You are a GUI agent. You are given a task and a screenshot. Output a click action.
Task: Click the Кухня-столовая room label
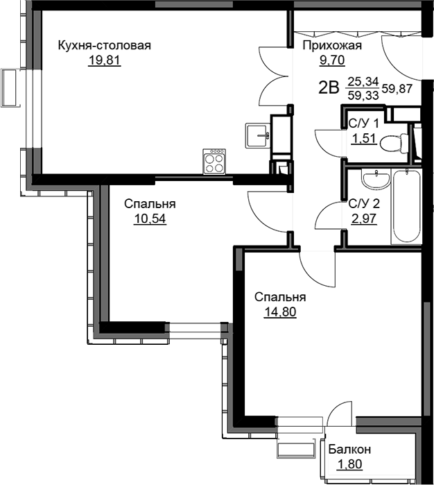(x=105, y=46)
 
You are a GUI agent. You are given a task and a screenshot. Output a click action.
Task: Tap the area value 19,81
(x=105, y=60)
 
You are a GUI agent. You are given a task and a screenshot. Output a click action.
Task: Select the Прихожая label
(x=332, y=46)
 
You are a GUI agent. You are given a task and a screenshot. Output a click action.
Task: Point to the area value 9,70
(x=332, y=60)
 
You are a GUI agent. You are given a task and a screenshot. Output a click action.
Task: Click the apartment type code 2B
(x=329, y=88)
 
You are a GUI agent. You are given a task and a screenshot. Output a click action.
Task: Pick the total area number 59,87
(x=397, y=89)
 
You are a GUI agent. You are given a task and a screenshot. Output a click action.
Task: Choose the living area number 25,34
(x=363, y=82)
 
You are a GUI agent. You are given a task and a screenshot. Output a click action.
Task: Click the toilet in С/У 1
(x=394, y=143)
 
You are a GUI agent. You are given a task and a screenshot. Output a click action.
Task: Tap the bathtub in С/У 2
(x=406, y=206)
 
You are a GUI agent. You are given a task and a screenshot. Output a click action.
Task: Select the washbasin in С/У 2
(x=376, y=179)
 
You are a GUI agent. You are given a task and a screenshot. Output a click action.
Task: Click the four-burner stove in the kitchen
(x=214, y=161)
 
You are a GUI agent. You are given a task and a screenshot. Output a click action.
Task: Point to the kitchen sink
(x=258, y=135)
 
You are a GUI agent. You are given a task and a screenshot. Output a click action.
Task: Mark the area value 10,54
(x=150, y=219)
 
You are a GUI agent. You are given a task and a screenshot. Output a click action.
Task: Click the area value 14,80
(x=280, y=312)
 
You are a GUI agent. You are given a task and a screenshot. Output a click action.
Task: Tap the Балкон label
(x=349, y=449)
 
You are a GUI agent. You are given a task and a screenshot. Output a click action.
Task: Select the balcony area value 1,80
(x=349, y=464)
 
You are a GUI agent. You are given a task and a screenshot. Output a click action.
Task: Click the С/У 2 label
(x=364, y=204)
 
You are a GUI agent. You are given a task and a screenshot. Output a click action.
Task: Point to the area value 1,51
(x=364, y=139)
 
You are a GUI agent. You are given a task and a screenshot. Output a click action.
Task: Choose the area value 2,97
(x=364, y=219)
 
